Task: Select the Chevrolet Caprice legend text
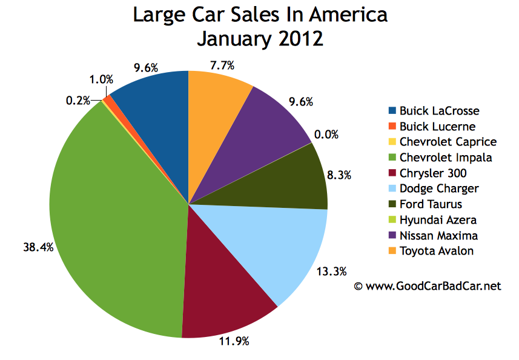pos(447,142)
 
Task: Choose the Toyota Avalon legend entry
pos(436,251)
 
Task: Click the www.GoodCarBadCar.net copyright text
pos(427,285)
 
